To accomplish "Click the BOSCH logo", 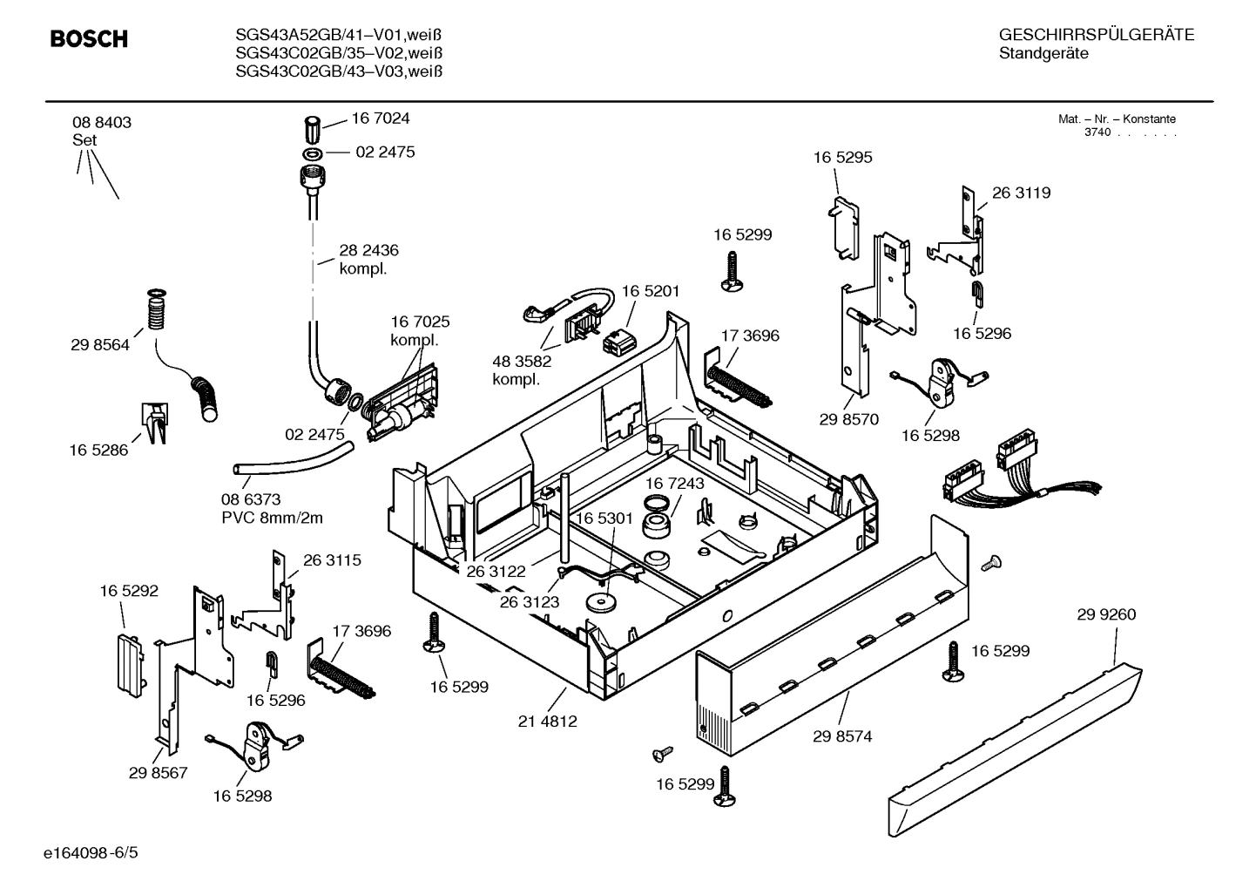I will tap(89, 39).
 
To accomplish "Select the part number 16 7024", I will tap(380, 119).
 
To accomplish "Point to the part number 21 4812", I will tap(547, 722).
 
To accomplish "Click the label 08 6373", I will tap(251, 499).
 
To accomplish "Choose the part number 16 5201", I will tap(650, 291).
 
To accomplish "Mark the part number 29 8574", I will tap(842, 736).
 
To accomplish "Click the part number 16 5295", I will tap(842, 158).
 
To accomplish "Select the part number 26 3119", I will tap(1021, 193).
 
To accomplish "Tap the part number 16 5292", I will tap(129, 591).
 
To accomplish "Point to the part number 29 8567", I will tap(158, 772).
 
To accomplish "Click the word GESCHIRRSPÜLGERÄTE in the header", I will tap(1096, 35).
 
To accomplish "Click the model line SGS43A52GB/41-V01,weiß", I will tap(339, 35).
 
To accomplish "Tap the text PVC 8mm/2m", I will tap(272, 518).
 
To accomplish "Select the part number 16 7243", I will tap(675, 483).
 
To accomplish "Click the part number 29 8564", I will tap(100, 345).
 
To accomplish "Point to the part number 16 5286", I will tap(98, 451).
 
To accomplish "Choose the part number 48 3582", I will tap(522, 362).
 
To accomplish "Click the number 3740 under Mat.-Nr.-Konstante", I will tap(1097, 133).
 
